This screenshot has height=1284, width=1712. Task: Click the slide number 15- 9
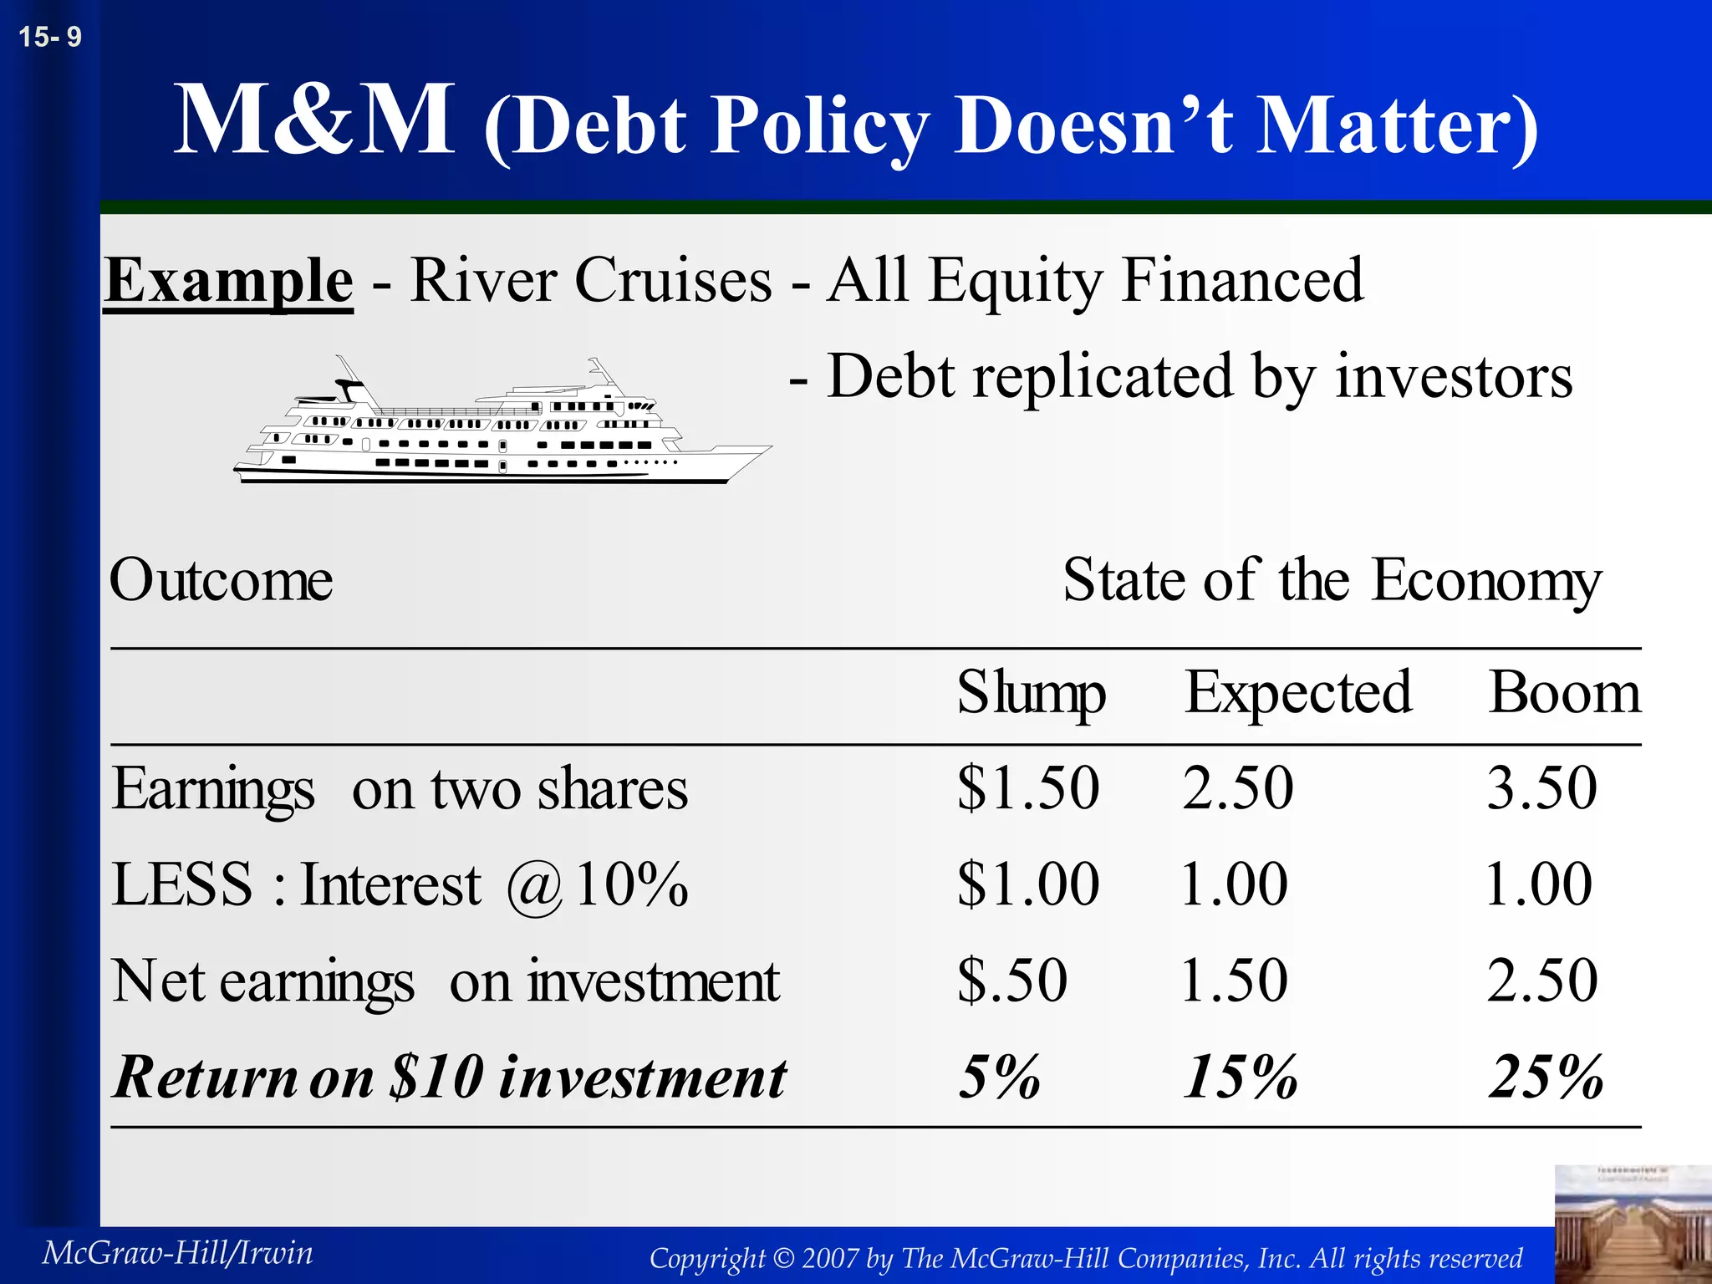[50, 37]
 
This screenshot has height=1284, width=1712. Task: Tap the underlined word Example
[228, 281]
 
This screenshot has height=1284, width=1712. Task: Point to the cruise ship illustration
[502, 423]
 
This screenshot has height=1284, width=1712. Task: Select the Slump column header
[1031, 694]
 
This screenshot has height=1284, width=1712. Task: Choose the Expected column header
[1298, 694]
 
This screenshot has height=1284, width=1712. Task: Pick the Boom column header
[1565, 694]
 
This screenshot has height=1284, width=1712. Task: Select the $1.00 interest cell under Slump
[1028, 884]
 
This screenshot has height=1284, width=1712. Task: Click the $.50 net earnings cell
[1012, 981]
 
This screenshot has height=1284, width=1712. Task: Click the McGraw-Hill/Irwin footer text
[178, 1253]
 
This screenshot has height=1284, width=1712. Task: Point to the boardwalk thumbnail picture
[1633, 1224]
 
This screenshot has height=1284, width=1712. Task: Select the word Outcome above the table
[222, 580]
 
